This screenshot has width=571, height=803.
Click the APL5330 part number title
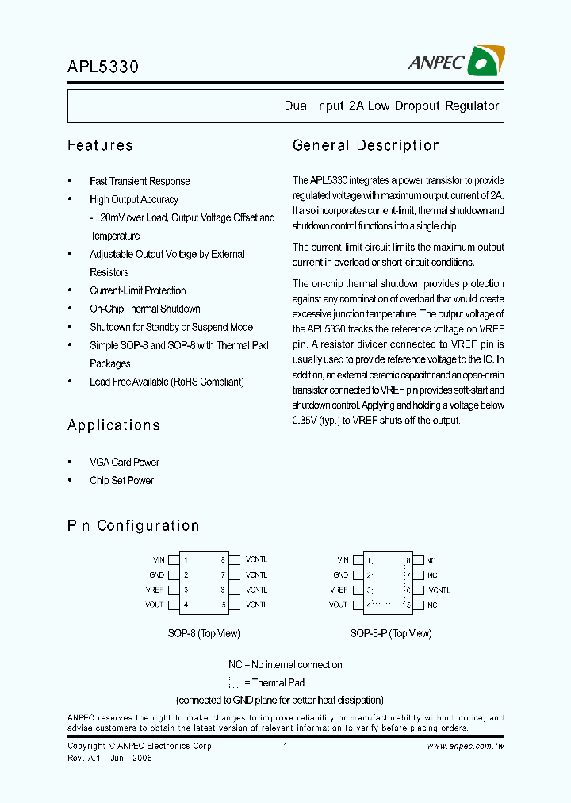point(103,67)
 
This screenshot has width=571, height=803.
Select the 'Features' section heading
point(100,145)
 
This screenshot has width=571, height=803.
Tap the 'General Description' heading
point(366,145)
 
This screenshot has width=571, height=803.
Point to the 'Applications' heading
point(113,425)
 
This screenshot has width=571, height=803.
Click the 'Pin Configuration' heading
point(133,525)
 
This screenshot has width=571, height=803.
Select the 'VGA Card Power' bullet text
point(125,462)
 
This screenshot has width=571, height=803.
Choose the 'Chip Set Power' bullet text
point(121,480)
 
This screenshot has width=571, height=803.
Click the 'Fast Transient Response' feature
point(140,181)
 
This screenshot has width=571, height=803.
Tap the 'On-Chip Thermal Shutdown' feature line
point(144,309)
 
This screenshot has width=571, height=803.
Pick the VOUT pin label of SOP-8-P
point(339,605)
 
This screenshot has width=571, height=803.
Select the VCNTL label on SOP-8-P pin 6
point(439,590)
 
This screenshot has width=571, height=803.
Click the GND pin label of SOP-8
point(157,574)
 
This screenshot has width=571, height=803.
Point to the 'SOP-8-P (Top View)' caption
point(391,633)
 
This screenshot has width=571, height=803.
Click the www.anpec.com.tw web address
point(466,746)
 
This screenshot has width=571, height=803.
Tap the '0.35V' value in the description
point(305,420)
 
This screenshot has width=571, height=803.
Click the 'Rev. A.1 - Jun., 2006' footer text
point(109,758)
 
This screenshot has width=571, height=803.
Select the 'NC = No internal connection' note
point(285,664)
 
